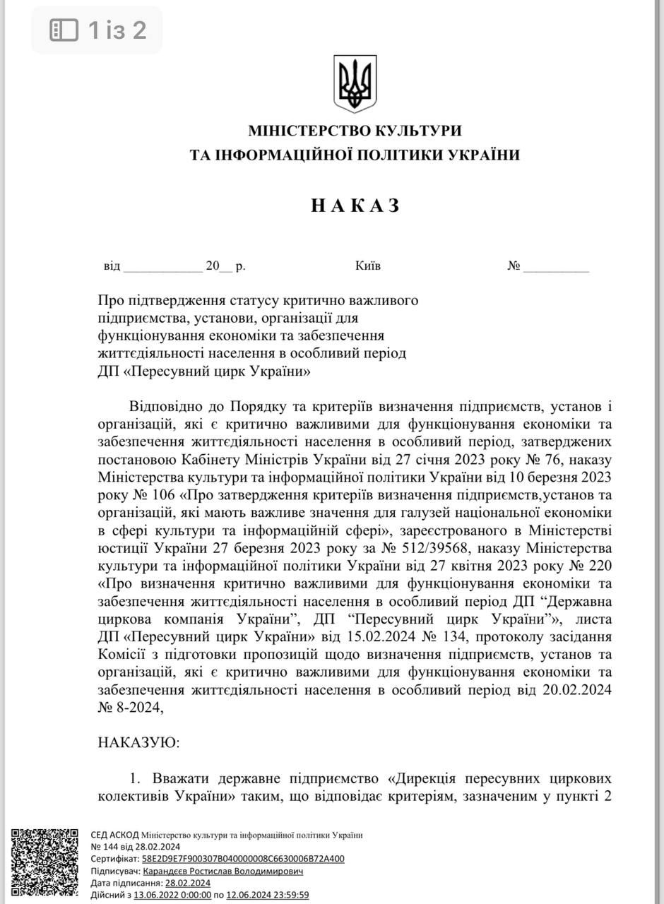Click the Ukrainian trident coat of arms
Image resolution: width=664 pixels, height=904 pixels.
(355, 83)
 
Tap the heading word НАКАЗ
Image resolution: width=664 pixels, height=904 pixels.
(355, 206)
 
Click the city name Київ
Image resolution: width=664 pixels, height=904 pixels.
(368, 266)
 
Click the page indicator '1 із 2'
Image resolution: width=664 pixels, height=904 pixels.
(117, 30)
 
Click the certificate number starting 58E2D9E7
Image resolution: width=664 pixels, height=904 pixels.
(243, 859)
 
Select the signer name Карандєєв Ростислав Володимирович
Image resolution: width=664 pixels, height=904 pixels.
(223, 872)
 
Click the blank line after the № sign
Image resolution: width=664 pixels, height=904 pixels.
(556, 267)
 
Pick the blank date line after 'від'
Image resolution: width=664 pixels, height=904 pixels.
(162, 267)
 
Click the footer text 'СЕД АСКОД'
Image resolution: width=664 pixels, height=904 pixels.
(115, 835)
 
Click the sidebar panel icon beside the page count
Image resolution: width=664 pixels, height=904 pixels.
(64, 30)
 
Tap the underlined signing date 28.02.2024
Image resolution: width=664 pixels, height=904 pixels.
(188, 883)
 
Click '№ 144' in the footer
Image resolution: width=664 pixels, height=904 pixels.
(104, 847)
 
